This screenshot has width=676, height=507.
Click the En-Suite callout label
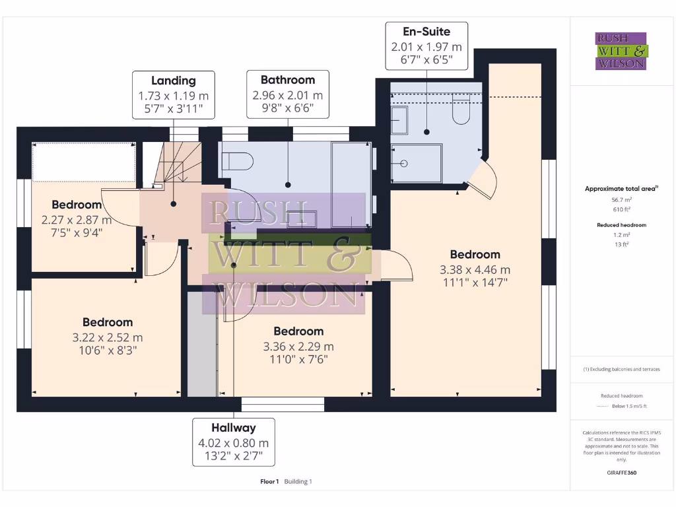coord(426,46)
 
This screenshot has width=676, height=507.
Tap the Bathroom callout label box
coord(288,94)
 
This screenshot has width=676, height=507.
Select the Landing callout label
coord(174,94)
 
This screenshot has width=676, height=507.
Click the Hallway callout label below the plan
coord(234,442)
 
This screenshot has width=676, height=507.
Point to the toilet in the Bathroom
coord(238,161)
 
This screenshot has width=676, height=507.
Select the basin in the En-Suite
coord(400,121)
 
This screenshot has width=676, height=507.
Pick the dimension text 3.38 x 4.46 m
coord(475,269)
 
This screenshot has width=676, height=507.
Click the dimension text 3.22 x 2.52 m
coord(108,337)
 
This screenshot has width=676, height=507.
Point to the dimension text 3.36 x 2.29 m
coord(298,347)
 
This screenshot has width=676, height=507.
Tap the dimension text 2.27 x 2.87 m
coord(77,220)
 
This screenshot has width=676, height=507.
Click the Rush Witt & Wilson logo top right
coord(621,51)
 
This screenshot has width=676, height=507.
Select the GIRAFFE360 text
coord(622,473)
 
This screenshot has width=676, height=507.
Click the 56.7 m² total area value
coord(621,199)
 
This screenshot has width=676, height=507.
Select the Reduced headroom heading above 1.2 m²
coord(621,225)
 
